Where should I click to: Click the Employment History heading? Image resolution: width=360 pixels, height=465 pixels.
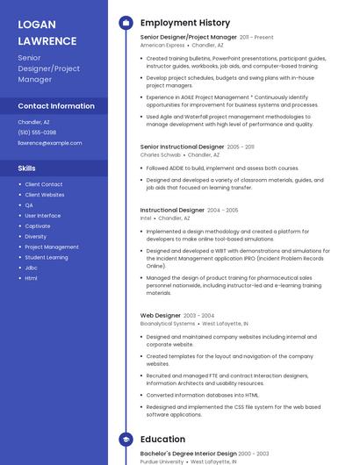pos(184,23)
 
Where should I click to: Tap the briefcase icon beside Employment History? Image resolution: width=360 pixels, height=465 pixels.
pos(126,23)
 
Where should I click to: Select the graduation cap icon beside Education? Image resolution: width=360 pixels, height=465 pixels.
pos(126,439)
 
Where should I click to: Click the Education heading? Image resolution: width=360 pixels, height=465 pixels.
pos(162,439)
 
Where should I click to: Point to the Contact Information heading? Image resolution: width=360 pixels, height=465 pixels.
pos(56,106)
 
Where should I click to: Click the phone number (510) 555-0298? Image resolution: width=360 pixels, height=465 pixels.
pos(37,132)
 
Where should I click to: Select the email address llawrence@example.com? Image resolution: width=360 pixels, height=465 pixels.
pos(50,143)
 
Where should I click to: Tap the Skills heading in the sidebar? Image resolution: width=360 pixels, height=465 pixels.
pos(27,168)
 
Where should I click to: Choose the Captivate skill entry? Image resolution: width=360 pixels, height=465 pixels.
pos(38,225)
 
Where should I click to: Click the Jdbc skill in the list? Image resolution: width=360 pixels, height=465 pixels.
pos(32,268)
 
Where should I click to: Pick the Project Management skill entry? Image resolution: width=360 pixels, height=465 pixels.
pos(52,247)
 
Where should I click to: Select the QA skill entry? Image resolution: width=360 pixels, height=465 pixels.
pos(29,204)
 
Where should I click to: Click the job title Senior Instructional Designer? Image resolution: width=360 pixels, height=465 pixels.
pos(182,147)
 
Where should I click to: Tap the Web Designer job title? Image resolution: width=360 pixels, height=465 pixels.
pos(161,315)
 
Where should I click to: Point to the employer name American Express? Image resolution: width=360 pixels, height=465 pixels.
pos(162,45)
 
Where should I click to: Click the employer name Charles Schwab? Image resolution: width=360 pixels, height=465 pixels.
pos(161,154)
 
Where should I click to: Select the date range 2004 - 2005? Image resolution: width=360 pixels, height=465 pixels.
pos(223,211)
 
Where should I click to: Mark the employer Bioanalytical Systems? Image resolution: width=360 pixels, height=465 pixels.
pos(168,323)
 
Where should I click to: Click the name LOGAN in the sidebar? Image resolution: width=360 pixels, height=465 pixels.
pos(36,24)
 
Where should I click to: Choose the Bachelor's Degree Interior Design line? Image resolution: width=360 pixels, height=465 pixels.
pos(188,454)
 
